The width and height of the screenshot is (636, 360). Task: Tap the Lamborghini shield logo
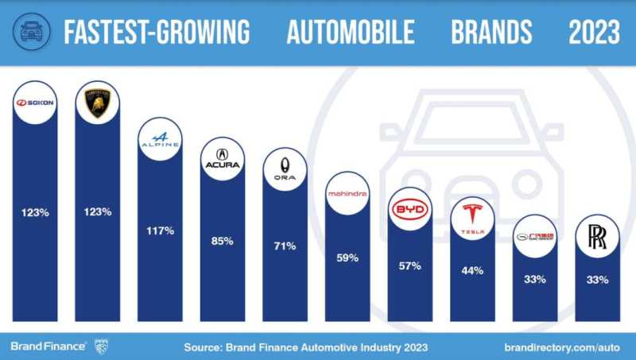coord(97,103)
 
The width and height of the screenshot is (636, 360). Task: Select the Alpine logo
coord(160,141)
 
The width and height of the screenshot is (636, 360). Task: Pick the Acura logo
coord(222,159)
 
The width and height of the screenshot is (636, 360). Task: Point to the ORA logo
coord(285,168)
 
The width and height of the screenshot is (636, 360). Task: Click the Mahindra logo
coord(347,193)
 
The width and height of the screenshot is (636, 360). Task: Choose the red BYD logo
coord(410,209)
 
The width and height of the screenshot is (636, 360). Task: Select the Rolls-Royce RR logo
coord(597,238)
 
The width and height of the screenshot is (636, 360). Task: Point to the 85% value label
coord(222,241)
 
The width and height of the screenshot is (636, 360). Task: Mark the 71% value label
coord(285,246)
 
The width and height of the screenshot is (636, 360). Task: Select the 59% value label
coord(347,258)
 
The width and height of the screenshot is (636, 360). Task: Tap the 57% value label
coord(410,265)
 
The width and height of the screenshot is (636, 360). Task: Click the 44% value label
coord(472,271)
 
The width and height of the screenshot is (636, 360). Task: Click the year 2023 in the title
coord(594,33)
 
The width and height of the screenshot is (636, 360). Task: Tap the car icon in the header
coord(29,32)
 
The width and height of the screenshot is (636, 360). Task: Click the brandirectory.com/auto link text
coord(562,346)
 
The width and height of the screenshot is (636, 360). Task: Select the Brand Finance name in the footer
coord(48,346)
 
